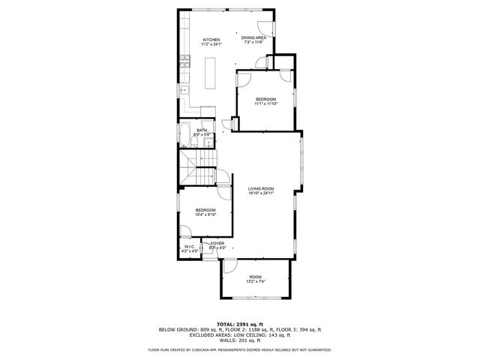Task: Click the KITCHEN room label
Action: [210, 40]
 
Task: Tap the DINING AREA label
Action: [253, 38]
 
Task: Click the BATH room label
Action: [202, 130]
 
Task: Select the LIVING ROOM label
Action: [262, 188]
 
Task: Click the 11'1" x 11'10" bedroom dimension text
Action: [265, 104]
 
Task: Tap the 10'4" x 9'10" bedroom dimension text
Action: [205, 214]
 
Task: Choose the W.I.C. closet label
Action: [190, 246]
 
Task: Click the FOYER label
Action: [217, 243]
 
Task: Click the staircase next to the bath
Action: [198, 169]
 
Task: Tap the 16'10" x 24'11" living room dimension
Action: [262, 193]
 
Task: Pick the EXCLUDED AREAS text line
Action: [239, 334]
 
